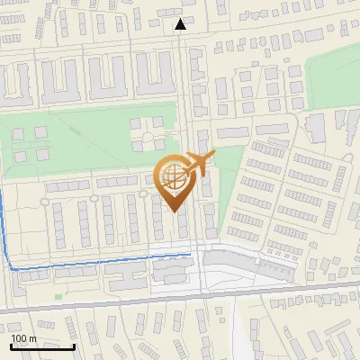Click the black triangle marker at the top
pyautogui.click(x=181, y=24)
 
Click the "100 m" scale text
pyautogui.click(x=23, y=338)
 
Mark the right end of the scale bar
pyautogui.click(x=75, y=346)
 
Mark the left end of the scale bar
pyautogui.click(x=12, y=346)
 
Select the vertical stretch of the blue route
pyautogui.click(x=4, y=225)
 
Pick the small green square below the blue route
pyautogui.click(x=59, y=295)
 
